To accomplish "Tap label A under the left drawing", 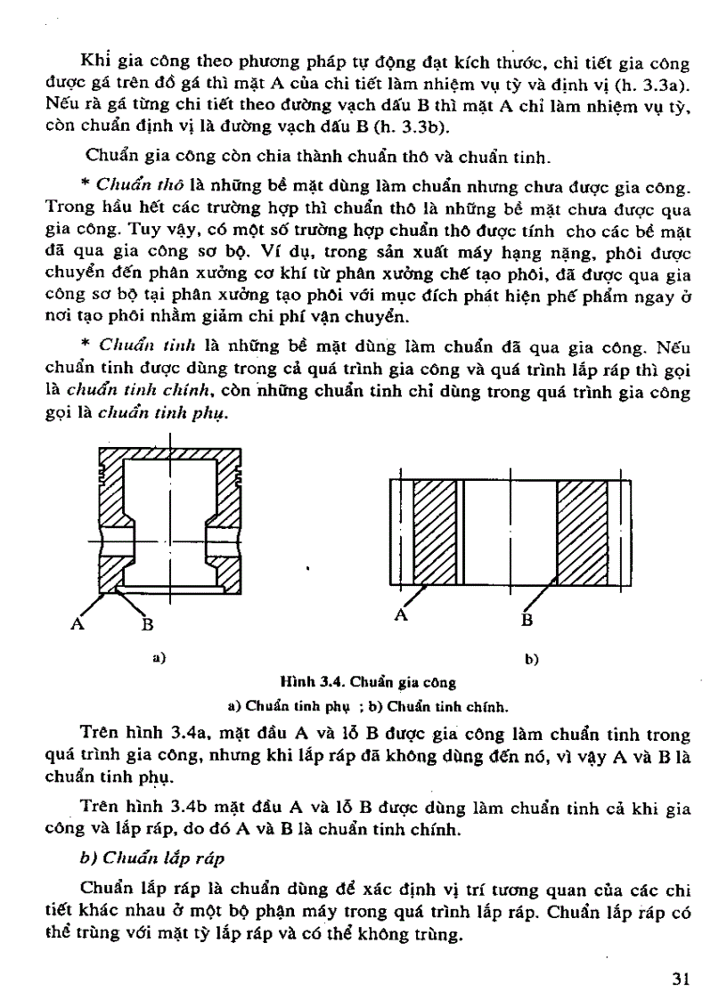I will pyautogui.click(x=78, y=623).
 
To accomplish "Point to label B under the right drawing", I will pyautogui.click(x=527, y=618).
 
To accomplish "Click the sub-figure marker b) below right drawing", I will pyautogui.click(x=532, y=660).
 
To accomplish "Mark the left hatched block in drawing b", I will pyautogui.click(x=436, y=532).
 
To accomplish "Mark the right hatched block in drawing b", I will pyautogui.click(x=583, y=532).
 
